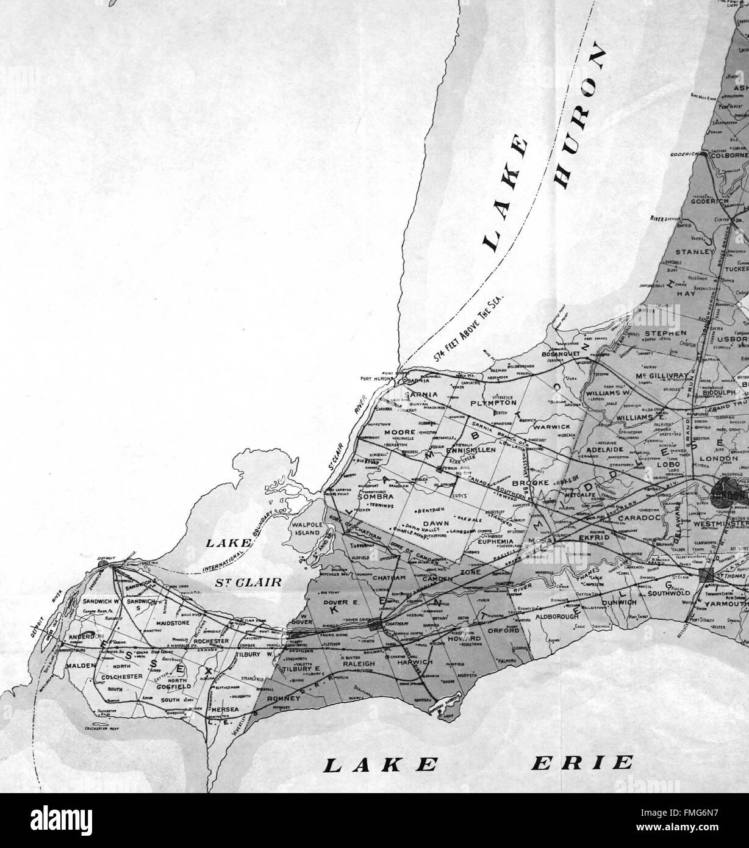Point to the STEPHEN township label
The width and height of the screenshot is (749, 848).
pyautogui.click(x=665, y=334)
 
